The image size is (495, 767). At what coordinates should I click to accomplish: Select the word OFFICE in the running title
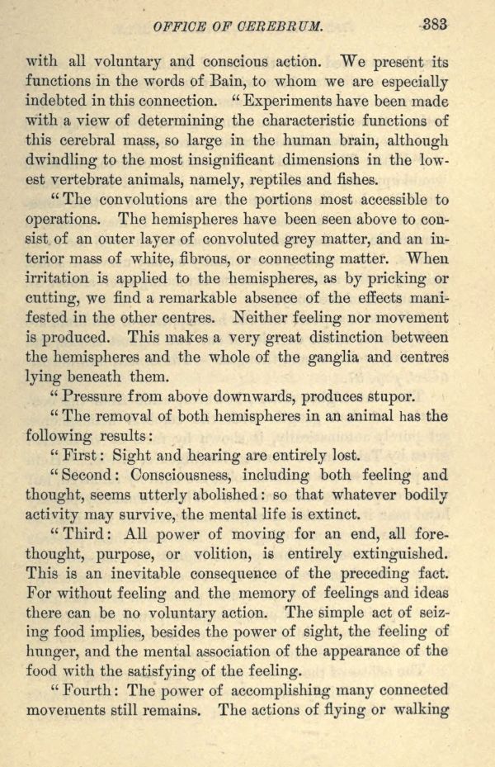coord(178,26)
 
